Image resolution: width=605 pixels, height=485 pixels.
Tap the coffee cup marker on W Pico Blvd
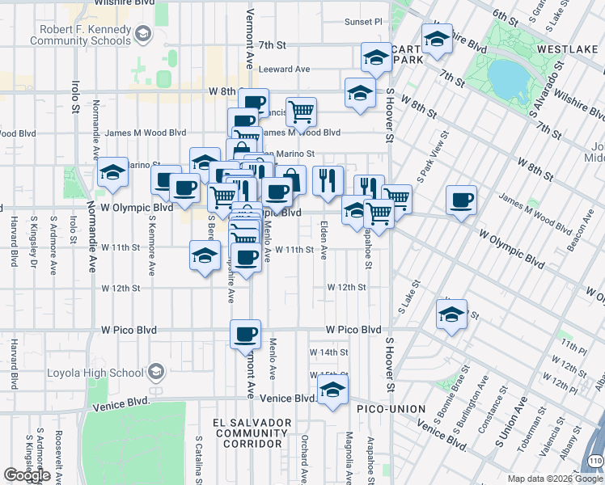coord(245,334)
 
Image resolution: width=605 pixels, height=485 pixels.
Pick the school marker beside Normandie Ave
coord(113,172)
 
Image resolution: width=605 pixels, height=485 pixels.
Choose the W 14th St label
coord(328,352)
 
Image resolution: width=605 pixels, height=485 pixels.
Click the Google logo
coord(27,475)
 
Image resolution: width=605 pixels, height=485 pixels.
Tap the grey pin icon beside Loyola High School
coord(155,373)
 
